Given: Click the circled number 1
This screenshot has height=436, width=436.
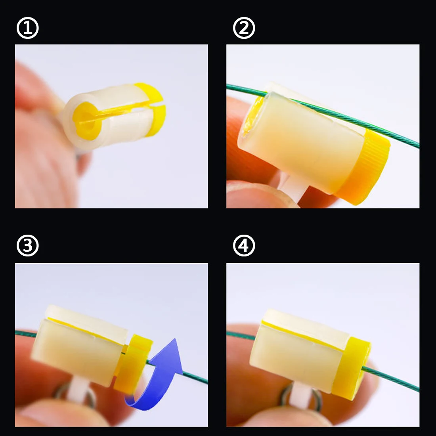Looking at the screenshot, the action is (27, 28).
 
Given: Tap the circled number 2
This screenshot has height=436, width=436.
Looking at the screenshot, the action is (244, 28).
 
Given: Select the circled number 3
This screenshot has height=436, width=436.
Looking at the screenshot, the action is (27, 245).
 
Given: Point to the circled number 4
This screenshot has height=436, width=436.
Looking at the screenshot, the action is (244, 245).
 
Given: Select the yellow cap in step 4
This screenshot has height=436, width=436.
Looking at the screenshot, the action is (352, 367).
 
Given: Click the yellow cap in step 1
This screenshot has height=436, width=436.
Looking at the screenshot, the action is (151, 110).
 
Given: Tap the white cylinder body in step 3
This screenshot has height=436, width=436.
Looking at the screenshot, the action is (80, 345).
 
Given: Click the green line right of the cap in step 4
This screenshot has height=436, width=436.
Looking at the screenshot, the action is (391, 379).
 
